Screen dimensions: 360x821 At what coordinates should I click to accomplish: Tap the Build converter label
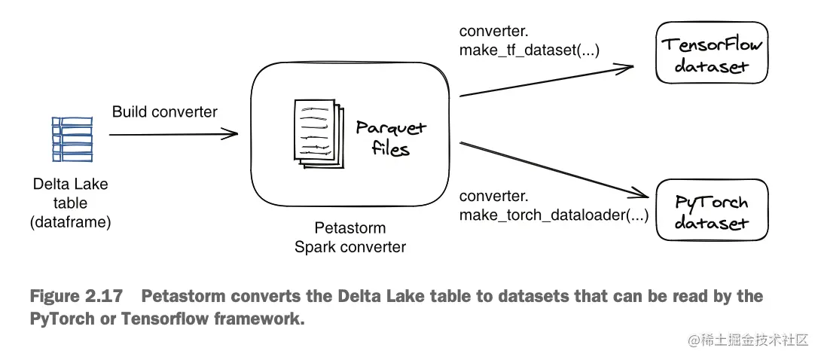[165, 112]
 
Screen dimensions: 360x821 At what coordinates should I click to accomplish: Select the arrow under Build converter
[173, 135]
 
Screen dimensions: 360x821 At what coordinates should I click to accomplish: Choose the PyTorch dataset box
[712, 212]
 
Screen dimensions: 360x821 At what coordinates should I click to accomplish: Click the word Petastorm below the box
[350, 227]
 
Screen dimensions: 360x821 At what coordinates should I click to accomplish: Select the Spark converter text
[350, 246]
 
